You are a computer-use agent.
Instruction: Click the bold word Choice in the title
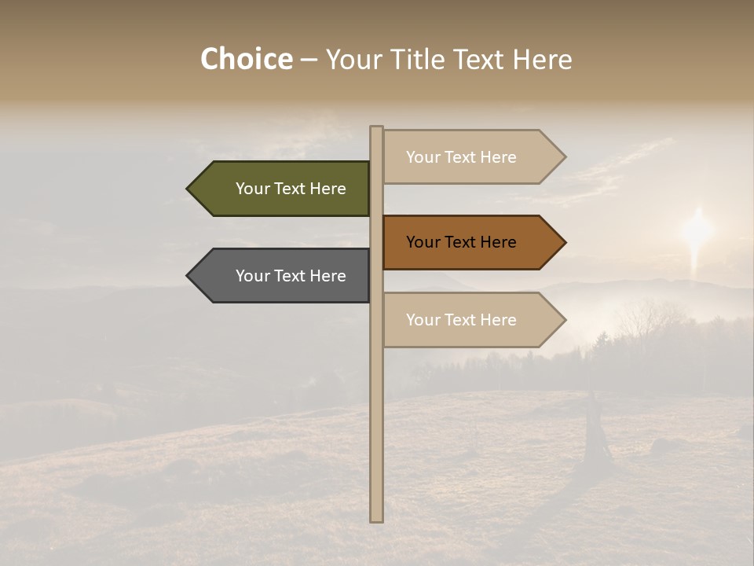point(246,60)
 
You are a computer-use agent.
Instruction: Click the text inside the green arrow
point(291,189)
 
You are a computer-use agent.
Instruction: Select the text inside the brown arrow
point(461,242)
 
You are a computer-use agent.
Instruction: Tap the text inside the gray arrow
point(291,276)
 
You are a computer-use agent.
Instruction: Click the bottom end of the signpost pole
point(376,518)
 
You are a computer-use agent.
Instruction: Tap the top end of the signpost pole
point(376,129)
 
